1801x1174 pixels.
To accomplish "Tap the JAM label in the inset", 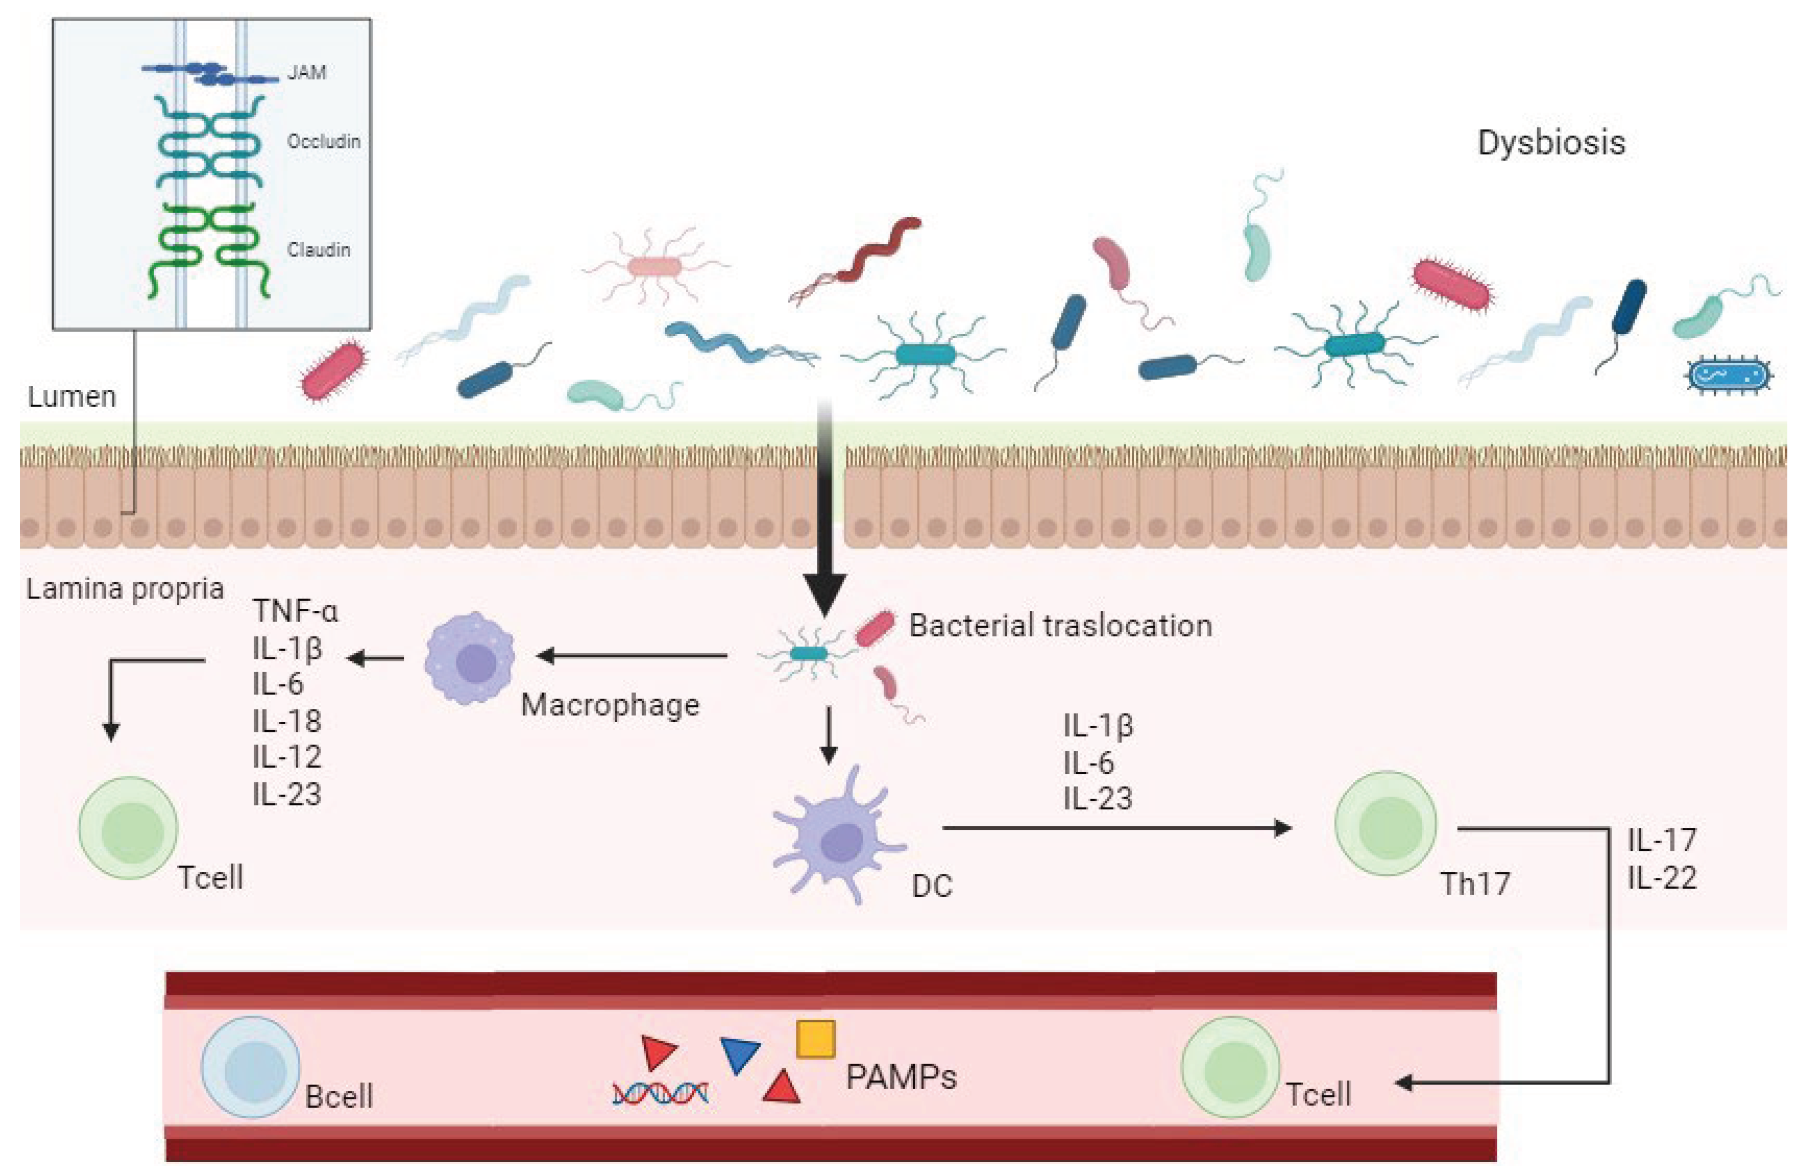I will (x=306, y=73).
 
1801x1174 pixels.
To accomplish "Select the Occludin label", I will (x=323, y=142).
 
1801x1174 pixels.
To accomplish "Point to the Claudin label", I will (x=318, y=250).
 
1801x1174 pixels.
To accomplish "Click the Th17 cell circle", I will (x=1385, y=823).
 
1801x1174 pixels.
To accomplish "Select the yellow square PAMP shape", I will (x=816, y=1039).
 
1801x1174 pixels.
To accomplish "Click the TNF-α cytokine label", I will (x=295, y=611).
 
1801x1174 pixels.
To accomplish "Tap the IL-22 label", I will (x=1662, y=878).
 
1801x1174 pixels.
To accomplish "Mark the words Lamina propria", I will (x=125, y=589).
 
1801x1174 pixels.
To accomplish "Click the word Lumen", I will (x=72, y=396).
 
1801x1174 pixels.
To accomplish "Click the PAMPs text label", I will (x=900, y=1077).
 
